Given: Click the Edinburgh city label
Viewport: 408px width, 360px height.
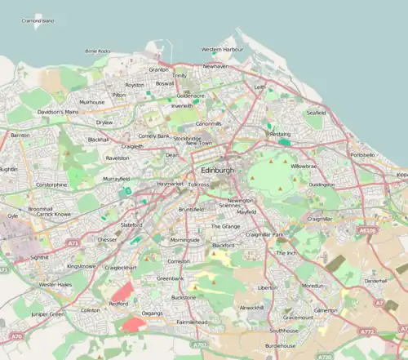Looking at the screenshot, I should [x=216, y=171].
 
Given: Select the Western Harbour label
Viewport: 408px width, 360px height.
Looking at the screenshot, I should [x=221, y=50].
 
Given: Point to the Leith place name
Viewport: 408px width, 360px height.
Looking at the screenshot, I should [x=259, y=86].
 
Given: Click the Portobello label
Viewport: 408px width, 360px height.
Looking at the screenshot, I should [x=362, y=154].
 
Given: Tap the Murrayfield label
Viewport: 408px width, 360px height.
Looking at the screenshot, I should [x=116, y=178].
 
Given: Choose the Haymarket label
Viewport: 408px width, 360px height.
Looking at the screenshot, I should [x=171, y=184].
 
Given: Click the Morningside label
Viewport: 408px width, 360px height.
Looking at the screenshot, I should [x=184, y=240].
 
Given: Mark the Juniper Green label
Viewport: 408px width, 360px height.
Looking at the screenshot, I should [x=46, y=313].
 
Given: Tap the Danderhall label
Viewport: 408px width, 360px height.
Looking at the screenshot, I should [x=375, y=280].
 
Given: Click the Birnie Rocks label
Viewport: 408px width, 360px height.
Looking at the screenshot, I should [x=98, y=51].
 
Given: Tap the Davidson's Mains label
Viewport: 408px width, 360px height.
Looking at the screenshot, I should [x=57, y=111].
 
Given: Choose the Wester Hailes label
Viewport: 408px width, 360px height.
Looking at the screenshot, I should [x=55, y=284].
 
